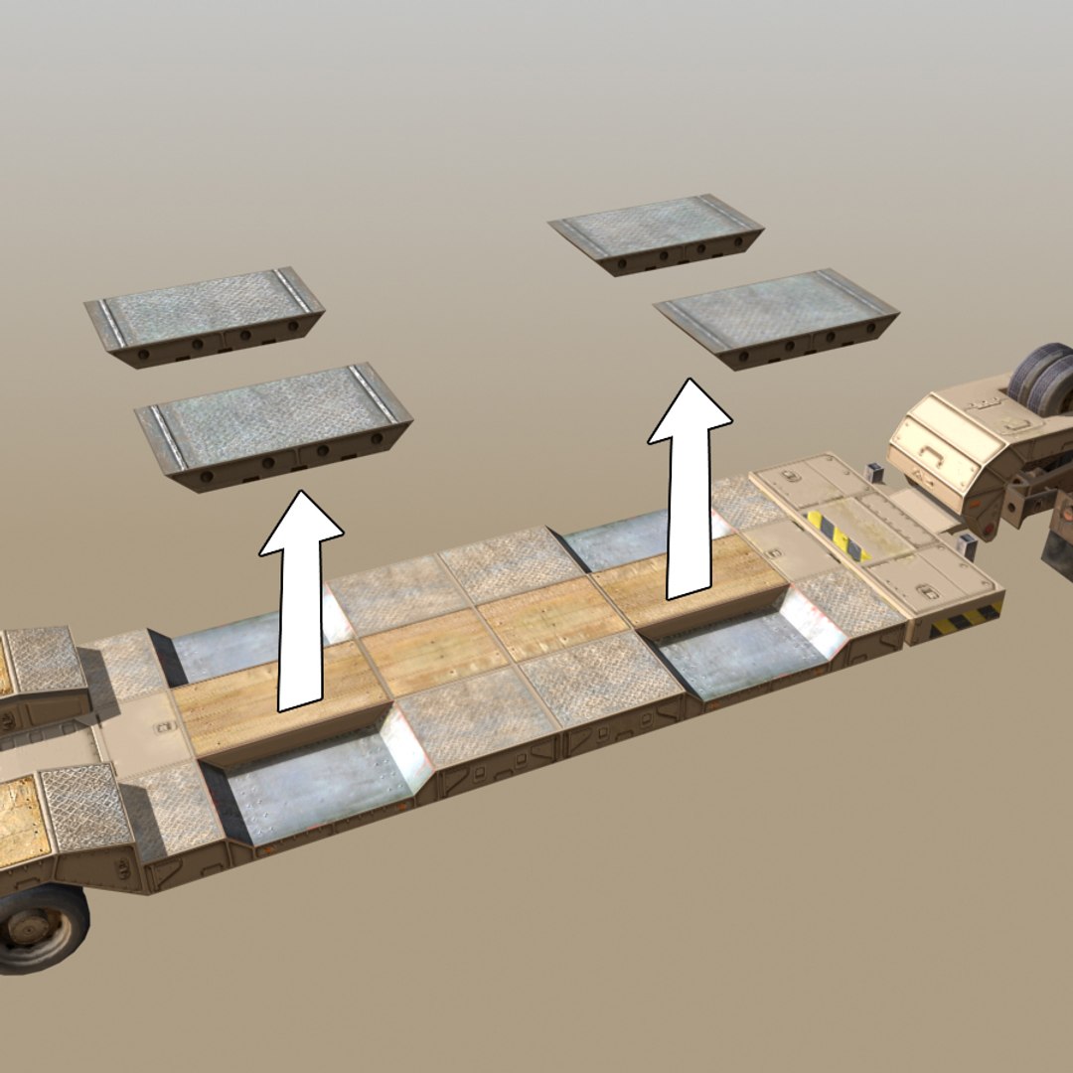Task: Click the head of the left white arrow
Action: tap(302, 522)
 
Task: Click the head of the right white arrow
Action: tap(690, 409)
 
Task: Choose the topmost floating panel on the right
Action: tap(657, 232)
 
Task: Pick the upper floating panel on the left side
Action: tap(205, 314)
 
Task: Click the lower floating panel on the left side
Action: tap(274, 423)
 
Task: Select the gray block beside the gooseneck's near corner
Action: tap(962, 545)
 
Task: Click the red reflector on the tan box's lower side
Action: tap(983, 523)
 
